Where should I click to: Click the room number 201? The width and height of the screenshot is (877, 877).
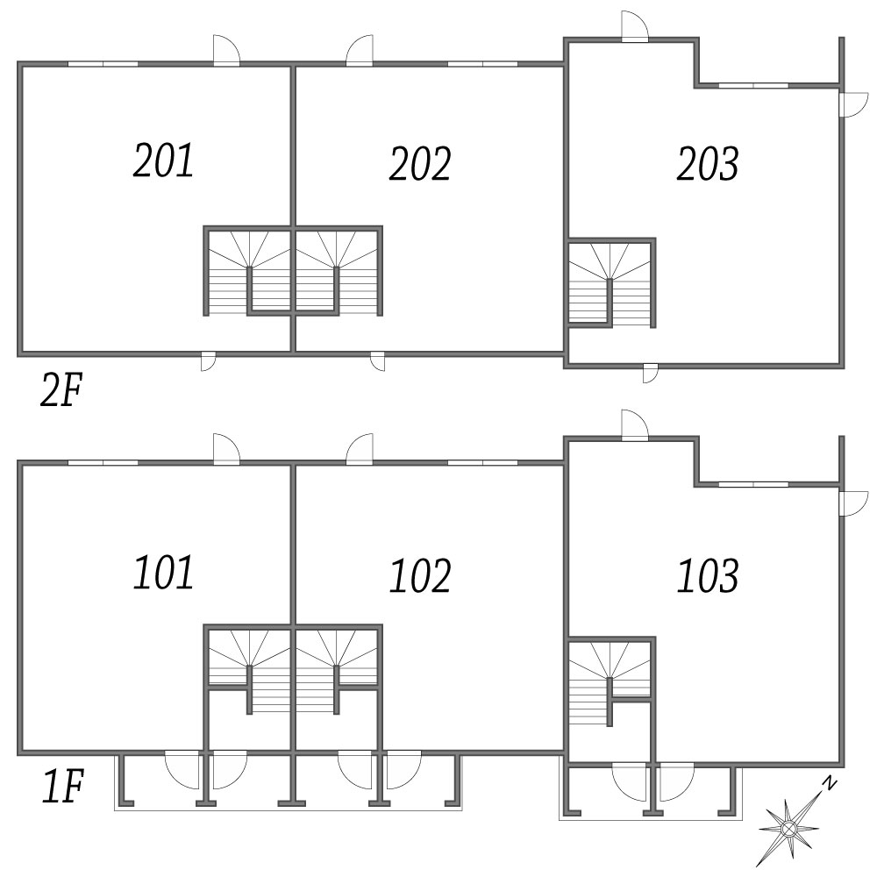pos(163,160)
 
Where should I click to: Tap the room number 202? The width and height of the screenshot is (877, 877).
pos(420,163)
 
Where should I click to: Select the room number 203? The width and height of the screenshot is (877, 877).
pos(708,163)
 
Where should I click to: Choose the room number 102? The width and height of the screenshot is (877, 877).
pos(420,575)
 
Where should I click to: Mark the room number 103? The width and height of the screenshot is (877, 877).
pos(708,575)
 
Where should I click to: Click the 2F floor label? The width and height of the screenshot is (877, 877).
pos(61,390)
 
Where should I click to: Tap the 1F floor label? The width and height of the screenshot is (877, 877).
pos(62,786)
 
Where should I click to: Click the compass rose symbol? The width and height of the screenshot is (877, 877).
pos(788,828)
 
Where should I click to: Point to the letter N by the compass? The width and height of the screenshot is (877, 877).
pos(830,783)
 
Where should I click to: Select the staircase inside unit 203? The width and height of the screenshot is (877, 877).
pos(610,283)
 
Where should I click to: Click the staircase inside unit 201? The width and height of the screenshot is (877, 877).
pos(247,271)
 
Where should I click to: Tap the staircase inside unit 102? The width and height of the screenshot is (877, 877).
pos(338,669)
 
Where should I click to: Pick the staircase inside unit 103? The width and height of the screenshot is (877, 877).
pos(610,681)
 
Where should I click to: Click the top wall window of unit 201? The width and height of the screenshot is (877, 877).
pos(103,64)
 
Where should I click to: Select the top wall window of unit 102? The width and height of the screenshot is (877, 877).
pos(482,462)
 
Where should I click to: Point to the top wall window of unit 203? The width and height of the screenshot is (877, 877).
pos(753,86)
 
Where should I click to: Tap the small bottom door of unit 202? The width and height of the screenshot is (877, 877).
pos(377,361)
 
